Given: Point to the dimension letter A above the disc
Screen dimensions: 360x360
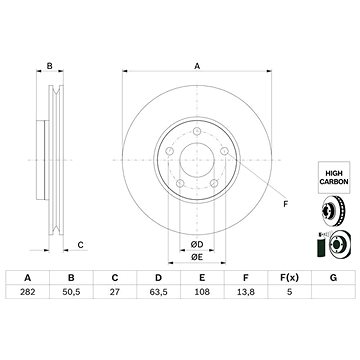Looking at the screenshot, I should [196, 65].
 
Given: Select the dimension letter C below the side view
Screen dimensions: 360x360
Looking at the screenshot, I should [80, 245].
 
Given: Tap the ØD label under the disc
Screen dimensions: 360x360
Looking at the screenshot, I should [196, 245].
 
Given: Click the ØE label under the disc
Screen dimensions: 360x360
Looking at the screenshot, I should [196, 258].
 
